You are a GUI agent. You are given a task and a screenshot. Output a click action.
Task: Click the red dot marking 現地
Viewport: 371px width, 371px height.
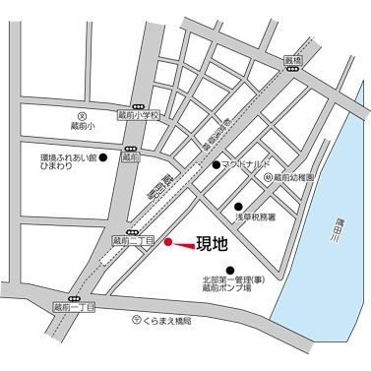pos(167,241)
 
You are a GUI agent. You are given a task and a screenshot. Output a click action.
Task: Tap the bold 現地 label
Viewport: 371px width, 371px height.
pos(212,242)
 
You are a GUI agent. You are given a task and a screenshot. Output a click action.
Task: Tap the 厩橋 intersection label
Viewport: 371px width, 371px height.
pos(290,60)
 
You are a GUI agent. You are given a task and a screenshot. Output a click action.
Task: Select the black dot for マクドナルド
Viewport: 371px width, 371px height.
pos(216,164)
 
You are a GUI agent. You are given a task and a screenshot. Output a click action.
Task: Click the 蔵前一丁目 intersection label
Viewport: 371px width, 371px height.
pos(74,308)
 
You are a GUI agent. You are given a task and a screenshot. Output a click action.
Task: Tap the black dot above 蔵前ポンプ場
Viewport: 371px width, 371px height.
pos(231,270)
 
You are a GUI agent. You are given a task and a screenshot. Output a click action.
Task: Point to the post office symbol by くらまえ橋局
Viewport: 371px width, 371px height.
pos(136,321)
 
